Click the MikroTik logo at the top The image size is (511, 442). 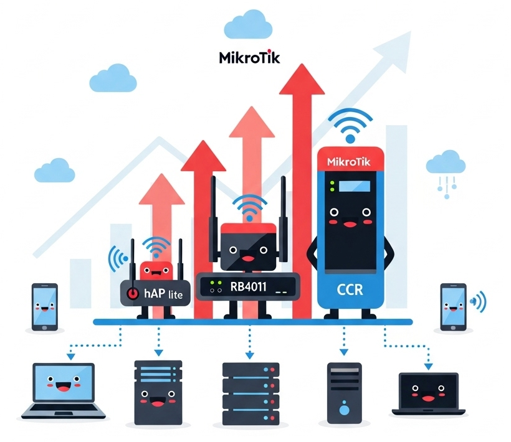249,58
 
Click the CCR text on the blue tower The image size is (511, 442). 350,289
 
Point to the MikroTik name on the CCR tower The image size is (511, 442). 349,161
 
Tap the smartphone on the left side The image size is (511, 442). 45,307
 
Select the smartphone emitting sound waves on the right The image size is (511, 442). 454,306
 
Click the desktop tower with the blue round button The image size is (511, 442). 343,392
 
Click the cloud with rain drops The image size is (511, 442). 446,164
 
